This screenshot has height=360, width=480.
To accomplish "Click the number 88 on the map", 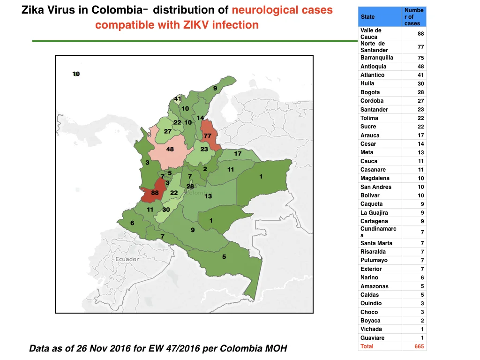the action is [155, 193].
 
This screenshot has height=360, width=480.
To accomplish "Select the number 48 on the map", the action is [170, 149].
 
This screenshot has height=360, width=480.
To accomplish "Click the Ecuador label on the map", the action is [127, 259].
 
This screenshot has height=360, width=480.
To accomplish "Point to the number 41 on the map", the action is [178, 98].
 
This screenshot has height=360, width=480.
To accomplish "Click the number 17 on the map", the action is [238, 153].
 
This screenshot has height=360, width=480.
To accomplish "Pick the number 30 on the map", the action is [166, 210].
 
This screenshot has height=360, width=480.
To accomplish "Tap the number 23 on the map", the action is [204, 149].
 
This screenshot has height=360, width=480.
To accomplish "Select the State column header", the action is [367, 17].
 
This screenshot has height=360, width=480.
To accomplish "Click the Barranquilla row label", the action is [376, 58].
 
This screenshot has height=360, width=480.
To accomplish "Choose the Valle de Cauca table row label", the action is [371, 34].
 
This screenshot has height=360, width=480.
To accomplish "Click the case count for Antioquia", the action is [420, 67].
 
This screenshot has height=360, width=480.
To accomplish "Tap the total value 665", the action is [419, 346].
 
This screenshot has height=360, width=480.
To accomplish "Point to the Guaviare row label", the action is [372, 337].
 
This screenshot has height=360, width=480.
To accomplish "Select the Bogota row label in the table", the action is [370, 92].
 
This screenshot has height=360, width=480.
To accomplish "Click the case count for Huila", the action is [420, 83].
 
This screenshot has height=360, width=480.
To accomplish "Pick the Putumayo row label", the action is [374, 260].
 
